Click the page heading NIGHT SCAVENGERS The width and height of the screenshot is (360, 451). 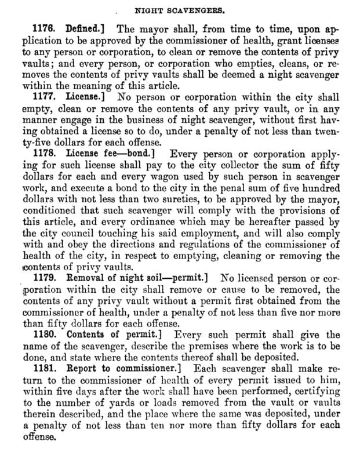179,10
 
